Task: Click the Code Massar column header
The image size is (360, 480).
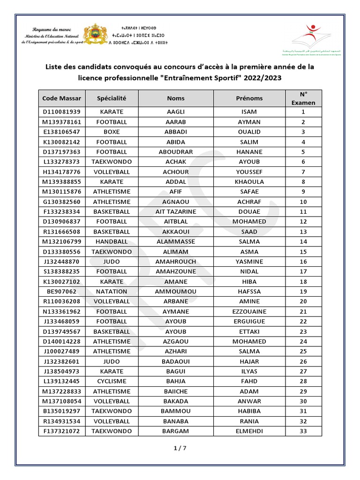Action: [61, 98]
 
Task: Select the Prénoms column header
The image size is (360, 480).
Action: [249, 98]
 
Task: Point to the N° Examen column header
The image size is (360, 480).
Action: [303, 98]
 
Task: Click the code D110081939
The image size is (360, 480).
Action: [61, 112]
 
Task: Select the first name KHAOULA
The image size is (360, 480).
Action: [249, 182]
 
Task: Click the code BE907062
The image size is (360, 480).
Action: [61, 291]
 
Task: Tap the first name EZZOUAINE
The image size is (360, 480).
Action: [249, 311]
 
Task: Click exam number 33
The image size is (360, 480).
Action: [303, 431]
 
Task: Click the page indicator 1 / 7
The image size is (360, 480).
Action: [180, 448]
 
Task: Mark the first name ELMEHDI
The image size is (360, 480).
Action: [249, 431]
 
